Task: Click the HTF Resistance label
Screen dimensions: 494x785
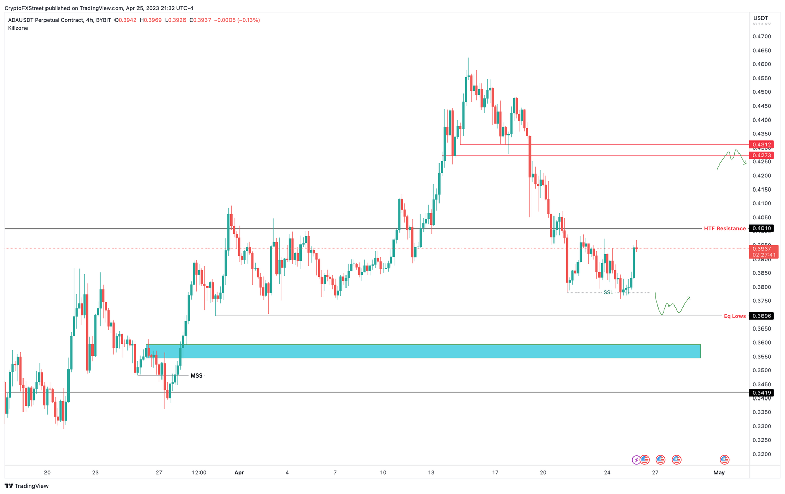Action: (724, 228)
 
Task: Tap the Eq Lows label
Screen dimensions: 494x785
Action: (734, 316)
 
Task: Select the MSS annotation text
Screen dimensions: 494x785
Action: (196, 375)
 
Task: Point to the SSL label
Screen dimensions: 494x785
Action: (608, 292)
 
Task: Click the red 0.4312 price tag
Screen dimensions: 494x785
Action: (761, 145)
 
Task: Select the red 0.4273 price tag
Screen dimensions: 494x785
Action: (761, 155)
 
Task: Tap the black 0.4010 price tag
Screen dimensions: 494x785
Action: (761, 228)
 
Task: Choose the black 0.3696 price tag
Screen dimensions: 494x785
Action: (761, 316)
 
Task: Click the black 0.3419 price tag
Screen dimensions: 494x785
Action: (761, 393)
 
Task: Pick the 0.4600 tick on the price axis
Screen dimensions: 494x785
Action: (761, 64)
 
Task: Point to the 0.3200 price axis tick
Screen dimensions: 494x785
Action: (761, 454)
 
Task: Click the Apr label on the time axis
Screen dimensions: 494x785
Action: (239, 473)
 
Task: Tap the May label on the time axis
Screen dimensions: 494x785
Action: (719, 473)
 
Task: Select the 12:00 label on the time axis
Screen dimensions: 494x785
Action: (199, 473)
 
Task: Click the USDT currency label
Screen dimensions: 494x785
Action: (761, 18)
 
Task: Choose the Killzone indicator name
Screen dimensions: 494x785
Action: (18, 28)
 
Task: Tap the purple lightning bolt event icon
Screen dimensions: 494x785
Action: (636, 460)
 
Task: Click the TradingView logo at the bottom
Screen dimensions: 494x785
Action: (26, 486)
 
